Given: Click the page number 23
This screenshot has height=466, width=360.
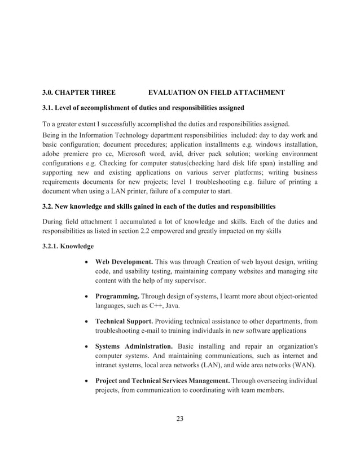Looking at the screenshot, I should tap(179, 418).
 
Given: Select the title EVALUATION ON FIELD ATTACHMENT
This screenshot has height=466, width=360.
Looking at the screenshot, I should tap(216, 92).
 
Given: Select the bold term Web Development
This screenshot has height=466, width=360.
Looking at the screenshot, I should tap(124, 262).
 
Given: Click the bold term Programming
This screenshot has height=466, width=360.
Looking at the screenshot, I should tap(116, 296).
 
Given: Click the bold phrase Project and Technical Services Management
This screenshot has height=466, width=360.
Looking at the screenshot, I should tap(162, 381).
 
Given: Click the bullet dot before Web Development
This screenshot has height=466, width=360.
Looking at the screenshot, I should tap(84, 262).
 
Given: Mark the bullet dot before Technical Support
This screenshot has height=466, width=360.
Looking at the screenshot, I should tap(84, 320).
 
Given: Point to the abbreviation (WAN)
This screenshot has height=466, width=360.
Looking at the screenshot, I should tap(304, 365).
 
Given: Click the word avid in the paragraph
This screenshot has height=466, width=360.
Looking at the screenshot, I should tap(183, 154).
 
